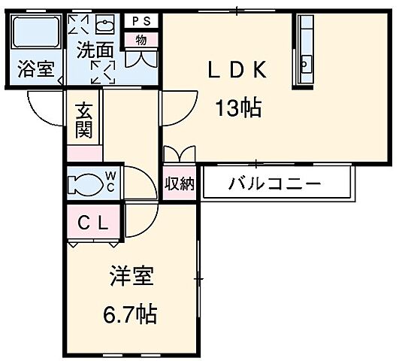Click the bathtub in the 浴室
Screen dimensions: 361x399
coord(37,35)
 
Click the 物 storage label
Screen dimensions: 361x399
coord(141,40)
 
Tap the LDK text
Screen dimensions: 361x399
coord(237,70)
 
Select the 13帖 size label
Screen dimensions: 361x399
coord(239,109)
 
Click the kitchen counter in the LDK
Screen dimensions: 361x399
coord(305,51)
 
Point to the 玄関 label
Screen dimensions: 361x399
coord(83,120)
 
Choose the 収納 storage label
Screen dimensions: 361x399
coord(180,183)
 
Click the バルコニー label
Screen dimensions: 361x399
coord(274,184)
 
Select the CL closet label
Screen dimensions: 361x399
coord(94,223)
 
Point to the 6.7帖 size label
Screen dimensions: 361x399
coord(129,314)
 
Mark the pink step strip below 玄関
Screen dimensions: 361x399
coord(83,153)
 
